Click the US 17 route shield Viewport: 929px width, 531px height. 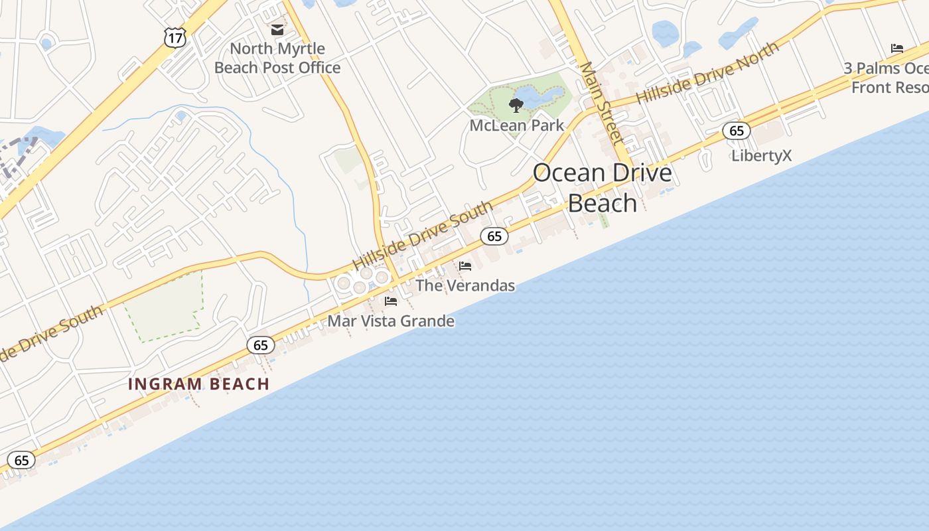[x=175, y=37]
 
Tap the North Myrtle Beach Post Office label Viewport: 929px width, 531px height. [x=277, y=58]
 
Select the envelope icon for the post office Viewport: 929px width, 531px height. [x=277, y=30]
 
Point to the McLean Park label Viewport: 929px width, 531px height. [x=516, y=125]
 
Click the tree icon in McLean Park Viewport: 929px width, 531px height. [x=516, y=105]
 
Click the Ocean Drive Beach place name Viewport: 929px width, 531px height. [x=603, y=187]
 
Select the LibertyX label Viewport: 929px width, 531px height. [x=761, y=155]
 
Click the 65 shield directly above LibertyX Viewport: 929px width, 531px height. [x=737, y=130]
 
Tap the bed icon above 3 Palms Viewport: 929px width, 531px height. [x=897, y=48]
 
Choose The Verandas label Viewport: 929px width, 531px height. [x=465, y=285]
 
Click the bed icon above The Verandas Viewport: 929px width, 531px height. [x=465, y=266]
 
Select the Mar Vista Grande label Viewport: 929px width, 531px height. [x=391, y=321]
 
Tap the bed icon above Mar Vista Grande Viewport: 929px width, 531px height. [x=391, y=301]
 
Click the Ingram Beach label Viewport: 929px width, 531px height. [x=198, y=384]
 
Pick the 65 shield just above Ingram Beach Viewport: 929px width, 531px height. [x=260, y=344]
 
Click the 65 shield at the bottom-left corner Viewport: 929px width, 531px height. [x=21, y=460]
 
